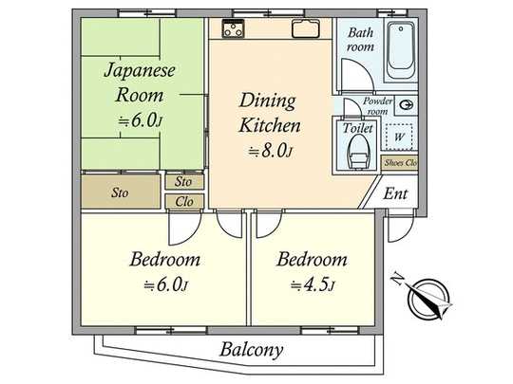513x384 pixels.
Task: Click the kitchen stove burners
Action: click(234, 29)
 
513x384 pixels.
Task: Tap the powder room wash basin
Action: click(407, 105)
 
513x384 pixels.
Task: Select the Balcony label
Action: click(252, 350)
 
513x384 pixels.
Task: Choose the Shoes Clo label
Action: click(399, 163)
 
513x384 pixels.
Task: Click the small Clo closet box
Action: click(183, 200)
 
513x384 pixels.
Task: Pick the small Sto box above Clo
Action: click(183, 181)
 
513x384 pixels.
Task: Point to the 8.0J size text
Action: click(268, 151)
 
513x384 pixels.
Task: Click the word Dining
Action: click(267, 101)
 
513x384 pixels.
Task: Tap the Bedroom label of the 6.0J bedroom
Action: click(165, 259)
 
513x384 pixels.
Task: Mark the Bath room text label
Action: click(360, 39)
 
